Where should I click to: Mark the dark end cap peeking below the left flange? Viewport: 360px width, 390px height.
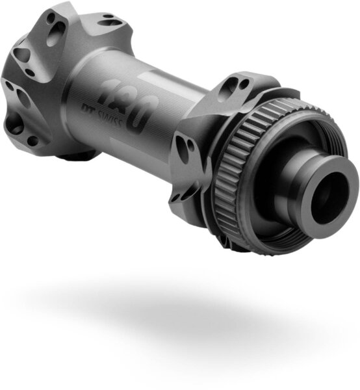(78, 155)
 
